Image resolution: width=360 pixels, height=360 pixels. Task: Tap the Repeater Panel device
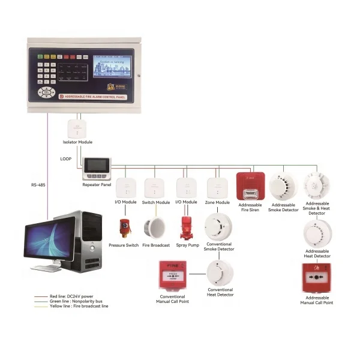click(97, 168)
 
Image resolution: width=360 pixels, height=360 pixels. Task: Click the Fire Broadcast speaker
click(155, 227)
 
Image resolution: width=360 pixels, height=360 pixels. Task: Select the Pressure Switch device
click(124, 228)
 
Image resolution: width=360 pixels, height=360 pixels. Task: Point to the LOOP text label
click(67, 160)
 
